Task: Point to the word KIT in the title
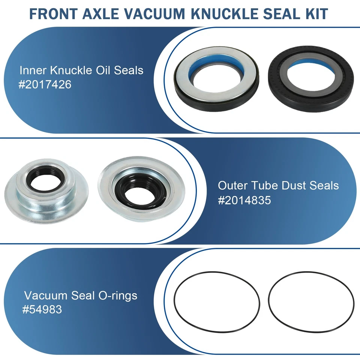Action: coord(315,14)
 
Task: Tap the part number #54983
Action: coord(42,310)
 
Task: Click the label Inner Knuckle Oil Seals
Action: coord(81,70)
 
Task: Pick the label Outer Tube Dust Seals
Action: coord(278,185)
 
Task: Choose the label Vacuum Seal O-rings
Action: coord(81,295)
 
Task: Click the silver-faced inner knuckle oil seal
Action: coord(217,76)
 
